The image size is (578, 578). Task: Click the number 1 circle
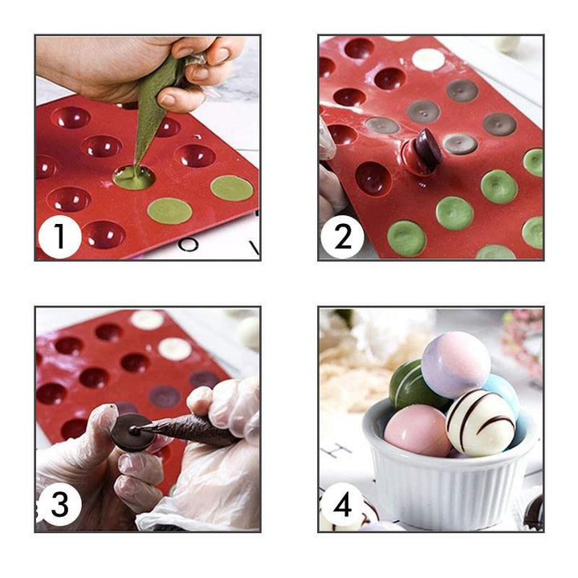(x=60, y=238)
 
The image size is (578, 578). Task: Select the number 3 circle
(x=60, y=506)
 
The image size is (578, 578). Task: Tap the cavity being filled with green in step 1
(x=134, y=177)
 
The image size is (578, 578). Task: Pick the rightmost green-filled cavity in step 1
(x=232, y=188)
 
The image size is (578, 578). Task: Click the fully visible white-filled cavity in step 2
(x=428, y=59)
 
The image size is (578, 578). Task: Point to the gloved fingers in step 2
(x=332, y=185)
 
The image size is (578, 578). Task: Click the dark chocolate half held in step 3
(x=130, y=432)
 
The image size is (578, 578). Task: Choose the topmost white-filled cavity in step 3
(x=147, y=320)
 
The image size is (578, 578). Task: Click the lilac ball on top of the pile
(x=455, y=364)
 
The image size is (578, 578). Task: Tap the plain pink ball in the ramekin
(x=417, y=429)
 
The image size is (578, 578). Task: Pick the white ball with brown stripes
(x=480, y=422)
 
